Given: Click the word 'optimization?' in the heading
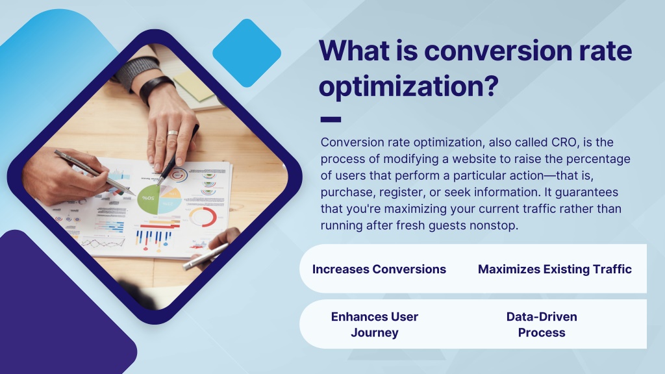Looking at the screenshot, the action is click(408, 87).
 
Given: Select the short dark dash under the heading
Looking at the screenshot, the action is click(331, 119).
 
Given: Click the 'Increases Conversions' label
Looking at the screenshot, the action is click(379, 269).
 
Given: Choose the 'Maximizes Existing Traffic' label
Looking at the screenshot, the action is click(555, 269).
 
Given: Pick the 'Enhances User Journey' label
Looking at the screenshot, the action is click(375, 325).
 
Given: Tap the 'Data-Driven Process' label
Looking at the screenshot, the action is click(542, 325).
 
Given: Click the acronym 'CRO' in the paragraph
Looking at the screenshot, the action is click(564, 142).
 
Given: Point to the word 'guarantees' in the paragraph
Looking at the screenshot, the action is click(586, 192).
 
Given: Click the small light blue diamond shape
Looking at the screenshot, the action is click(247, 53).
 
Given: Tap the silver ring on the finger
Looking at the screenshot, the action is click(172, 133).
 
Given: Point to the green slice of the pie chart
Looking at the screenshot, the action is click(149, 199).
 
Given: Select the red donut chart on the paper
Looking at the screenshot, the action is click(203, 217).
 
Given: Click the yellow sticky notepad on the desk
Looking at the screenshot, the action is click(194, 85).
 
